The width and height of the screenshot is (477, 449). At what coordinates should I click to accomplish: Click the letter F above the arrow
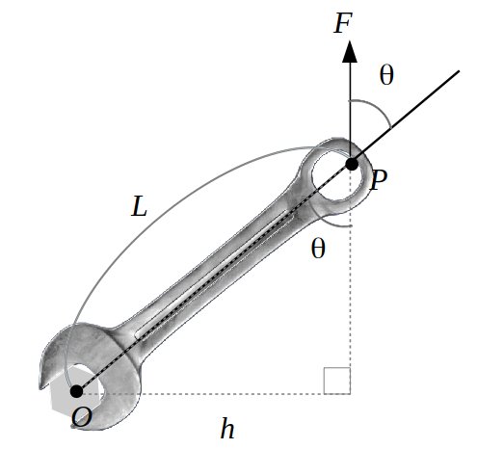click(343, 23)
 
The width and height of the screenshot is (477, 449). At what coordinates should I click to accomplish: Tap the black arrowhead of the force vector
click(350, 51)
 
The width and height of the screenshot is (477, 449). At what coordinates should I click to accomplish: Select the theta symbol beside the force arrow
click(386, 75)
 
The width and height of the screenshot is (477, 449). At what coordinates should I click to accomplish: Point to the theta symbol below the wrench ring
click(318, 248)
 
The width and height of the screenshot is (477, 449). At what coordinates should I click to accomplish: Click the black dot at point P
click(352, 164)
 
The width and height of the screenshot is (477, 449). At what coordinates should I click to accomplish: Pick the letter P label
click(379, 180)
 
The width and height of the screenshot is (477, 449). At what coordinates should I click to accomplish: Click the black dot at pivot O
click(76, 391)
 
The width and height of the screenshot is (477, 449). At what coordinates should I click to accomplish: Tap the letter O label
click(82, 418)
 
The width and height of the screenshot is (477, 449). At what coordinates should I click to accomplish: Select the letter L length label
click(139, 206)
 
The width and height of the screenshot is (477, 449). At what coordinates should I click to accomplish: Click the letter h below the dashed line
click(227, 428)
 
